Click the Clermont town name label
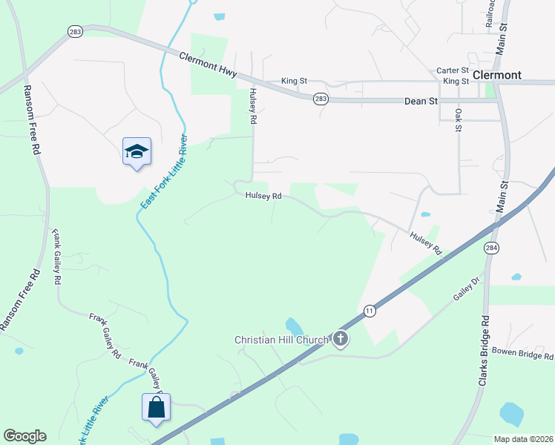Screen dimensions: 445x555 pos(496,75)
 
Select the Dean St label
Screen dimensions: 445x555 pos(420,101)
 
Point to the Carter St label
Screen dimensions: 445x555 pos(451,70)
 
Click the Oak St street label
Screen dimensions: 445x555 pos(459,120)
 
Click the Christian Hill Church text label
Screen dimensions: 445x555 pos(281,340)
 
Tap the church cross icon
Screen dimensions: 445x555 pos(341,340)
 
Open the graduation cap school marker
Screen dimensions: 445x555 pos(137,152)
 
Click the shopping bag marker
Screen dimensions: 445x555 pos(156,407)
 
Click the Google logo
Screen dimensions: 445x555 pos(24,436)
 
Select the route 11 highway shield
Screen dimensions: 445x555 pos(369,311)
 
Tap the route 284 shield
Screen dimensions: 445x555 pos(491,248)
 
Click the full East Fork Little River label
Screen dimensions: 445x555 pos(162,171)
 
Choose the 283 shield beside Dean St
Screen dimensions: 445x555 pos(320,99)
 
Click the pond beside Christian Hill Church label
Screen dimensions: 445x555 pos(294,326)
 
